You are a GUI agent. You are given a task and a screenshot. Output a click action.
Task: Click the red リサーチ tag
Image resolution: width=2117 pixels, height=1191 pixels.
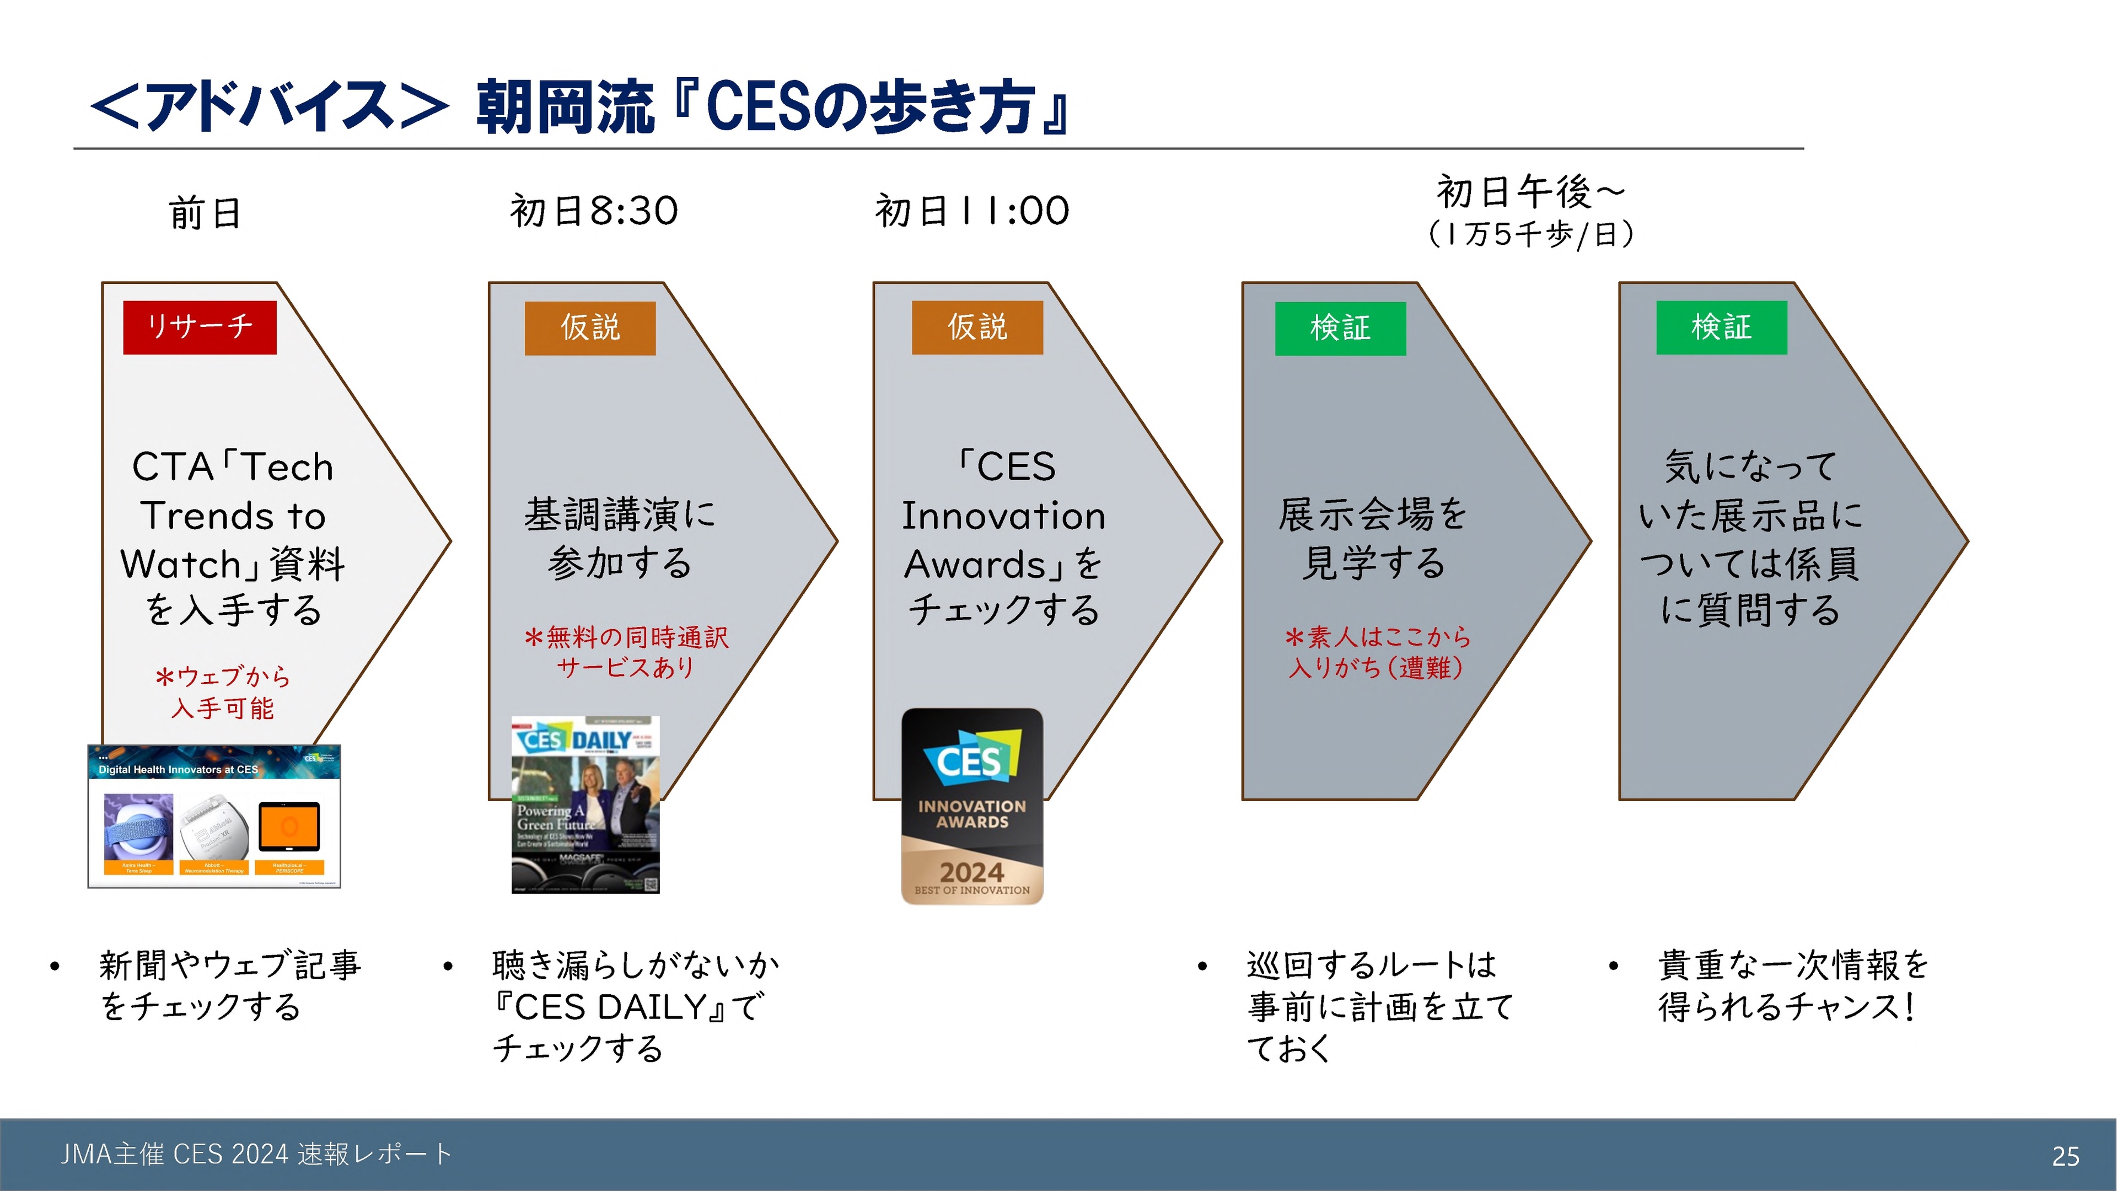coord(200,327)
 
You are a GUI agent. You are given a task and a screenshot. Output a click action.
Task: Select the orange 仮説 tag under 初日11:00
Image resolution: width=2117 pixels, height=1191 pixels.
coord(977,327)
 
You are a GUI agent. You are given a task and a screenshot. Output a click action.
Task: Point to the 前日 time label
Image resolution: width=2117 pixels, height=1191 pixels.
coord(206,213)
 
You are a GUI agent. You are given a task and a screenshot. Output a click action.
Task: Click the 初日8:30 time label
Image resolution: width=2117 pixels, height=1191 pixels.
coord(593,211)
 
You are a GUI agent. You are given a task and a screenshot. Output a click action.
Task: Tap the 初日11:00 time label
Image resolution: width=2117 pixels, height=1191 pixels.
coord(972,211)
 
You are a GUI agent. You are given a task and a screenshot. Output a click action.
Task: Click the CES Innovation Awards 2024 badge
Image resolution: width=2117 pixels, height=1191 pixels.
coord(972,806)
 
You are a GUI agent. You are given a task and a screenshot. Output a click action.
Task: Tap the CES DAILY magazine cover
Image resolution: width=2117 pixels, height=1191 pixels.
coord(585,804)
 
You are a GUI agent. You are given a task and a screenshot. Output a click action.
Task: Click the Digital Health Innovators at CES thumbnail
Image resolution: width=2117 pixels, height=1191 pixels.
coord(214,816)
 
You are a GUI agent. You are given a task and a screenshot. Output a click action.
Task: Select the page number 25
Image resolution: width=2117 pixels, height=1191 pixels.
coord(2065,1156)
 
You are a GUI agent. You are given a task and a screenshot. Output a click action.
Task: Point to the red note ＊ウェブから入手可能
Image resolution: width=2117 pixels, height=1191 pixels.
coord(223,692)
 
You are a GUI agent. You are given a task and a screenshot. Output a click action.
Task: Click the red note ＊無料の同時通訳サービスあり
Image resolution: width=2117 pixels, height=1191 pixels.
coord(626,652)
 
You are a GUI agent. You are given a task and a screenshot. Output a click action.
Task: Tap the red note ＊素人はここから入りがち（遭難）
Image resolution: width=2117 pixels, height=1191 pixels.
coord(1377,652)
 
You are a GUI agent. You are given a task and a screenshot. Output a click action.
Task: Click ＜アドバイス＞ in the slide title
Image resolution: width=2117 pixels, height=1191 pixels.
coord(270,107)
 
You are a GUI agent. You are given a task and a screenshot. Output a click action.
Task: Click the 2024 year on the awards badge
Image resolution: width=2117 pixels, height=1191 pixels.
coord(971,871)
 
